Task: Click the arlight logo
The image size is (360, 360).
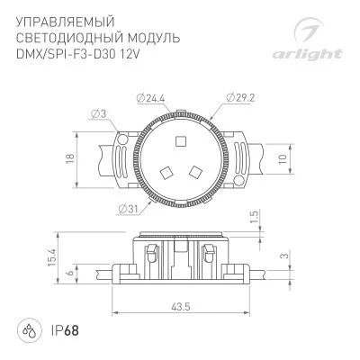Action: tap(308, 39)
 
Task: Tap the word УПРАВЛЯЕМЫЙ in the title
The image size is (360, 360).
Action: tap(66, 22)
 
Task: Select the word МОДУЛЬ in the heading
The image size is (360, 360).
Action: tap(154, 38)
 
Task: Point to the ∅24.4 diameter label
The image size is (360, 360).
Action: tap(151, 98)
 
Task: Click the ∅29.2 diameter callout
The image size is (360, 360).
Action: tap(240, 98)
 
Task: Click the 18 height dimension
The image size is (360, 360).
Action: tap(69, 159)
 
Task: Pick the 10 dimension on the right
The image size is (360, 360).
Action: tap(283, 159)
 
